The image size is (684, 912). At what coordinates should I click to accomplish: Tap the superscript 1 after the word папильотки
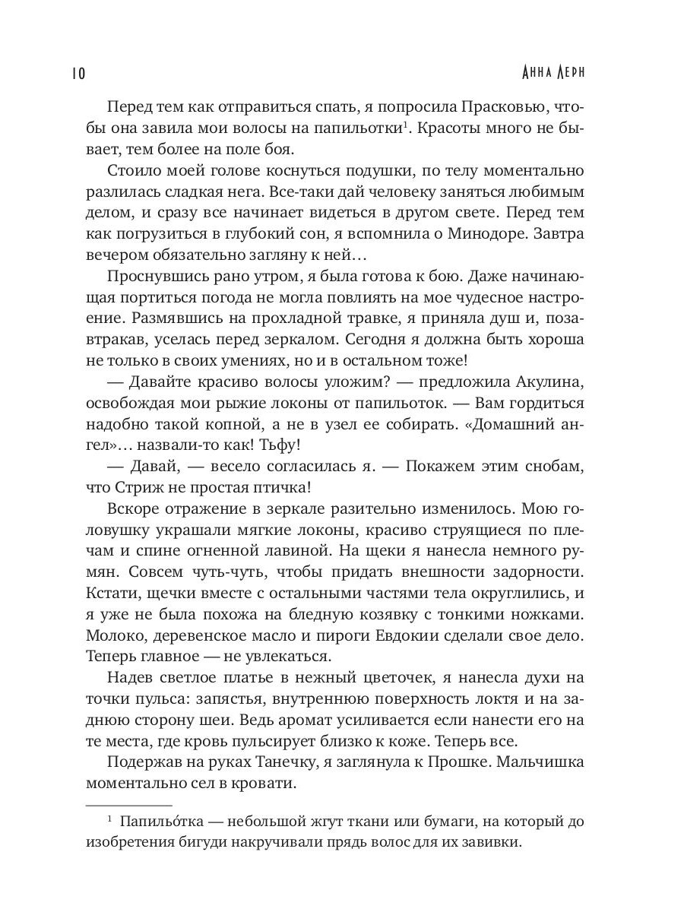point(409,125)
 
